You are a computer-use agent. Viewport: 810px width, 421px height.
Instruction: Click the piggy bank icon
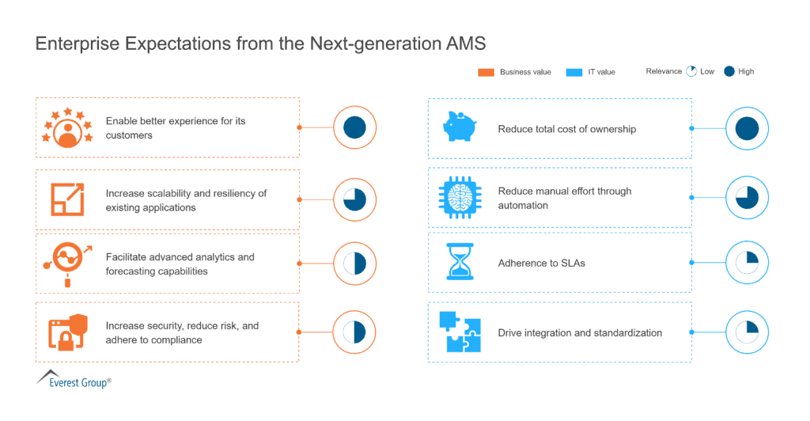pos(460,127)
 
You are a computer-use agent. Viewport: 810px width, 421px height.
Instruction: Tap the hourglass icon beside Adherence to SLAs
pos(460,262)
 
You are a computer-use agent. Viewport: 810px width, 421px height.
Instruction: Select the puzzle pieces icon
pos(460,332)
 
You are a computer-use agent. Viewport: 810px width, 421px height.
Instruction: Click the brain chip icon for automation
pos(460,197)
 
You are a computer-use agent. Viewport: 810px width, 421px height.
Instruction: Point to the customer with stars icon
pos(68,127)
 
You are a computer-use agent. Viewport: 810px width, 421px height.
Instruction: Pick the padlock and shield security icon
pos(68,332)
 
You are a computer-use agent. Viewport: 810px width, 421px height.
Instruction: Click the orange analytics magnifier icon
pos(67,264)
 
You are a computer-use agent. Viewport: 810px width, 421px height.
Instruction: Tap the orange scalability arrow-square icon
pos(68,199)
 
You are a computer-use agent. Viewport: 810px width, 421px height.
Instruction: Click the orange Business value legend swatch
pos(486,72)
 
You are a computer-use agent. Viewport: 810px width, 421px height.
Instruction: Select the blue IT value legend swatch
pos(574,72)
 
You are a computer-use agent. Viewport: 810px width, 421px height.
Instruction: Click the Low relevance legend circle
pos(691,71)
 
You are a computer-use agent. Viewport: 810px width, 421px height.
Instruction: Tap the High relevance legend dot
pos(729,71)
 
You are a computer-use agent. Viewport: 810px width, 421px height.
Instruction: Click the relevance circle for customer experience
pos(355,127)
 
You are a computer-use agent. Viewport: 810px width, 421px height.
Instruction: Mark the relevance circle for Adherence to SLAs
pos(747,263)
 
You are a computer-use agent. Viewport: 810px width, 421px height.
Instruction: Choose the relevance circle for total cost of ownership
pos(747,129)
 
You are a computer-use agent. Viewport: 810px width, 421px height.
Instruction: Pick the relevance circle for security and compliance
pos(354,332)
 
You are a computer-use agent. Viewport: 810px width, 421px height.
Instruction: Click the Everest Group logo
pos(74,379)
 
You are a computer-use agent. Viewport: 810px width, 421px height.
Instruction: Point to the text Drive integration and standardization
pos(580,332)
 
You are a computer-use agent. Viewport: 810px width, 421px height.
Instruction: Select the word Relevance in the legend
pos(664,71)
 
